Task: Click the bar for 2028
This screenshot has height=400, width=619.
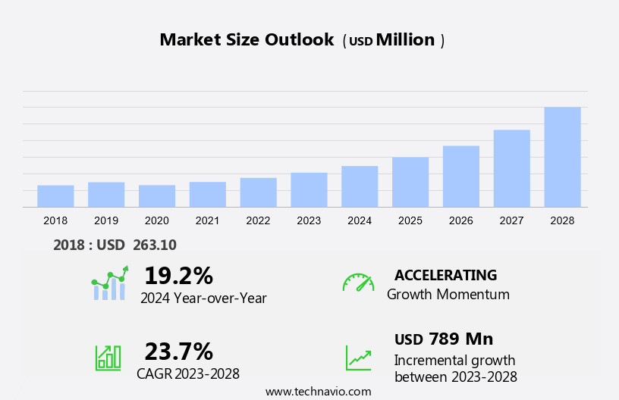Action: pos(562,157)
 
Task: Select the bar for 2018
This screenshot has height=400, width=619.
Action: pos(55,196)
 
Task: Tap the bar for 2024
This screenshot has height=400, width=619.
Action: pos(360,186)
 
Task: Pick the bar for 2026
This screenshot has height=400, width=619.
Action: pos(461,177)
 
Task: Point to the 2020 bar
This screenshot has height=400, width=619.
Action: pos(157,196)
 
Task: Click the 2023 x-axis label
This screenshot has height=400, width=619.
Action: pos(309,220)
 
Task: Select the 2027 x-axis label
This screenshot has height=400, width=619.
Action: pos(512,220)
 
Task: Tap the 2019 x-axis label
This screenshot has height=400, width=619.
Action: pos(106,220)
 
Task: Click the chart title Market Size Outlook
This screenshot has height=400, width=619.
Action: pos(247,40)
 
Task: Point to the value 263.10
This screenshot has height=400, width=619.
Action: pos(154,245)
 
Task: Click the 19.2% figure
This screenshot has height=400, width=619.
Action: pos(178,275)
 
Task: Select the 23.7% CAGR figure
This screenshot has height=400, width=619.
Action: pos(178,352)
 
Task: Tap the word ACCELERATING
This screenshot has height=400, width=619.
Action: pos(445,275)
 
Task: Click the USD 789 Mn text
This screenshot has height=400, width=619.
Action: pos(444,339)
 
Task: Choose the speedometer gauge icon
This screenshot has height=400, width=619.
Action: pos(358,283)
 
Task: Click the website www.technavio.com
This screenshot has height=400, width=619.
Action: pos(318,392)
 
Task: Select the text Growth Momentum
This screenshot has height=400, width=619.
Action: pos(448,294)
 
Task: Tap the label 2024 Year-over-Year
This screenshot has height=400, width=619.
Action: pos(203,298)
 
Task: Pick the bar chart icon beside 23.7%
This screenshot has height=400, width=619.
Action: pos(108,357)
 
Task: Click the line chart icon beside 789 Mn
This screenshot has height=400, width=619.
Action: pos(358,358)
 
